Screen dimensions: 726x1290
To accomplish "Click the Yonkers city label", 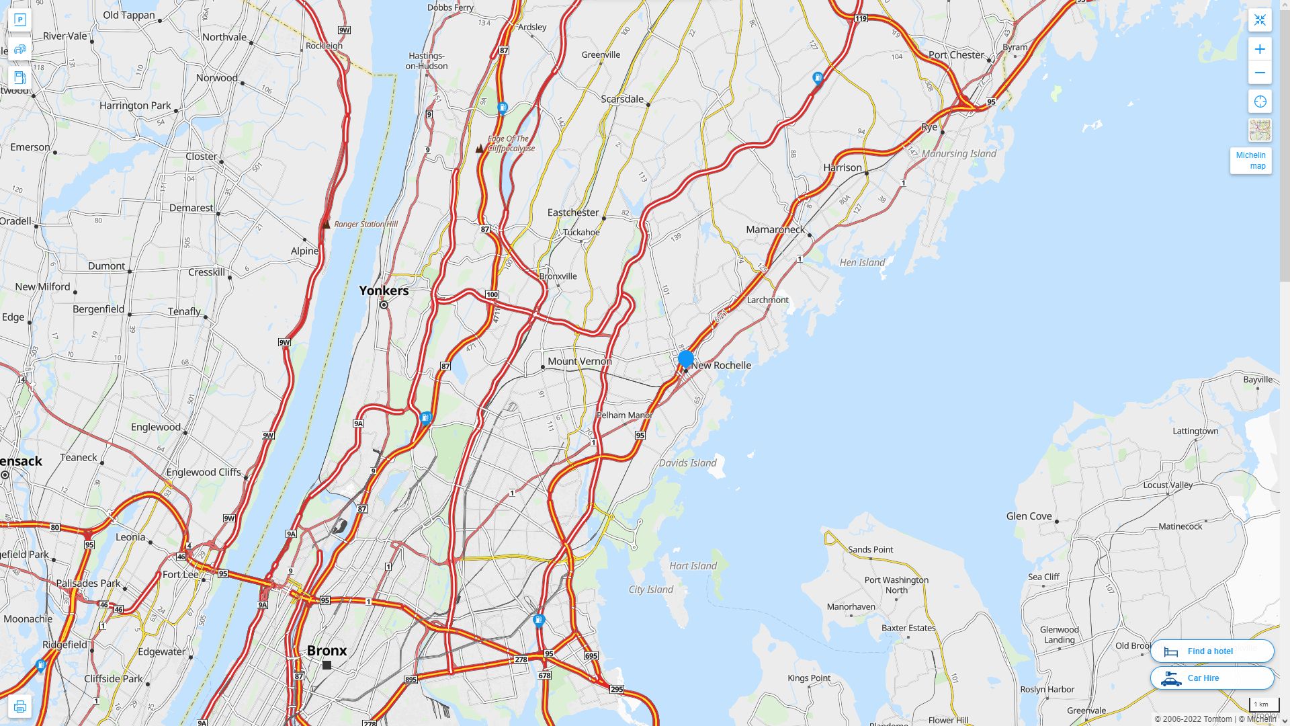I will (x=384, y=290).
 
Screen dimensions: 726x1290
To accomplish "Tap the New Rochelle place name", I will (x=721, y=365).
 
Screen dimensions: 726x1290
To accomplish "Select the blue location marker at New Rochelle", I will (x=685, y=359).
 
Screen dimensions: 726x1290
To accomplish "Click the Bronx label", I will (x=327, y=650).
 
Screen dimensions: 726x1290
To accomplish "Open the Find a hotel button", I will (x=1211, y=651).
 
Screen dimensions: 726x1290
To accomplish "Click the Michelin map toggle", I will (x=1250, y=160).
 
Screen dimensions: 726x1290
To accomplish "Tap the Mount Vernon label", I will (x=579, y=361).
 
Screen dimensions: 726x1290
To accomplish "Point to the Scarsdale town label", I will (x=621, y=99).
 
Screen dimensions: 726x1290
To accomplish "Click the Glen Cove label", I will (x=1029, y=516).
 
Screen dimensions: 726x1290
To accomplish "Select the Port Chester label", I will (x=955, y=54).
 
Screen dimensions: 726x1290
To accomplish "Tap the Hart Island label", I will (x=693, y=565).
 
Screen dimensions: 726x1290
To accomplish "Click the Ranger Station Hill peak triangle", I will (x=327, y=225).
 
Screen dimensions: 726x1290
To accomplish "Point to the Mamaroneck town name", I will (x=775, y=229).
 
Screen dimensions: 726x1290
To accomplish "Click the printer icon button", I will (x=19, y=706).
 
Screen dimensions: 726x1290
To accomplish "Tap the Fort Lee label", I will (x=180, y=574).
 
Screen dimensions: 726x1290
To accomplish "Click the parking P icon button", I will (x=19, y=20).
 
